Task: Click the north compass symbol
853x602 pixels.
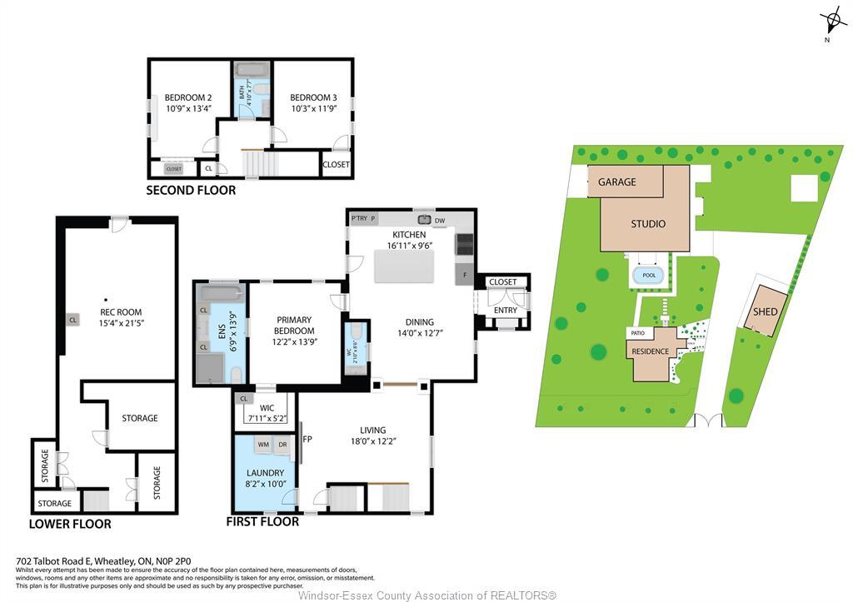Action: click(833, 20)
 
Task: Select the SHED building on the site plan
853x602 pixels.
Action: click(766, 311)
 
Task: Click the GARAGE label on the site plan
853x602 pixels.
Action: click(616, 182)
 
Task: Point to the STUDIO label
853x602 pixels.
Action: click(647, 223)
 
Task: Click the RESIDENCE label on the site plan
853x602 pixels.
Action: click(650, 351)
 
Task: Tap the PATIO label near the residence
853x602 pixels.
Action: click(638, 333)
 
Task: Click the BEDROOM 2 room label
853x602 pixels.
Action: click(187, 97)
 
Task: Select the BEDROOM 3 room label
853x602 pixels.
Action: click(314, 97)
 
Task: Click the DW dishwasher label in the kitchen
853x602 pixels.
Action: click(440, 220)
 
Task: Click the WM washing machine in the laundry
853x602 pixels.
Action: click(263, 445)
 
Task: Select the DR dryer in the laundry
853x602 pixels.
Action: click(282, 445)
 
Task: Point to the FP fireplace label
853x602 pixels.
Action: click(307, 439)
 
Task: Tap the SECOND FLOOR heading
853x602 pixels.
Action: click(191, 191)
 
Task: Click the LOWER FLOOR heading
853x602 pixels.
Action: click(70, 524)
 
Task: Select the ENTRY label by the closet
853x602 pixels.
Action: click(505, 311)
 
